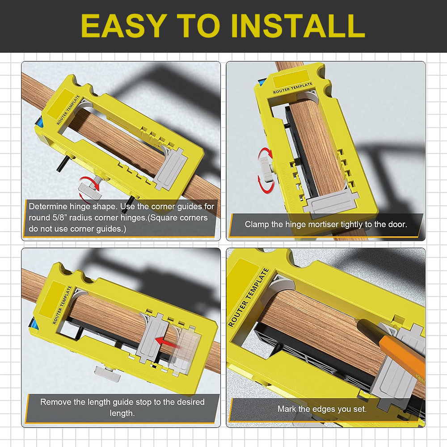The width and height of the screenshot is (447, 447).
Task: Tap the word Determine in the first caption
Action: coord(48,207)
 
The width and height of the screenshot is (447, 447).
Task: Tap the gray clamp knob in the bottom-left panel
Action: coord(108,373)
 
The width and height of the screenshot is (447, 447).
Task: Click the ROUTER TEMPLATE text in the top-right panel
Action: coord(292,88)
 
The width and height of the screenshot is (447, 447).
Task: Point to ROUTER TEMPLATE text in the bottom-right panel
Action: coord(249,298)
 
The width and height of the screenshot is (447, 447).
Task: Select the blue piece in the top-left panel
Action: coord(39,124)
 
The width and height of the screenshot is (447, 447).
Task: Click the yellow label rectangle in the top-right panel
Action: coord(291,78)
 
